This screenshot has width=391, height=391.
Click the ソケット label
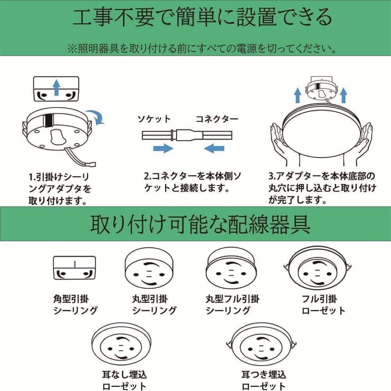point(154,119)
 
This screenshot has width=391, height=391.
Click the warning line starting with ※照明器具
point(201,49)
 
